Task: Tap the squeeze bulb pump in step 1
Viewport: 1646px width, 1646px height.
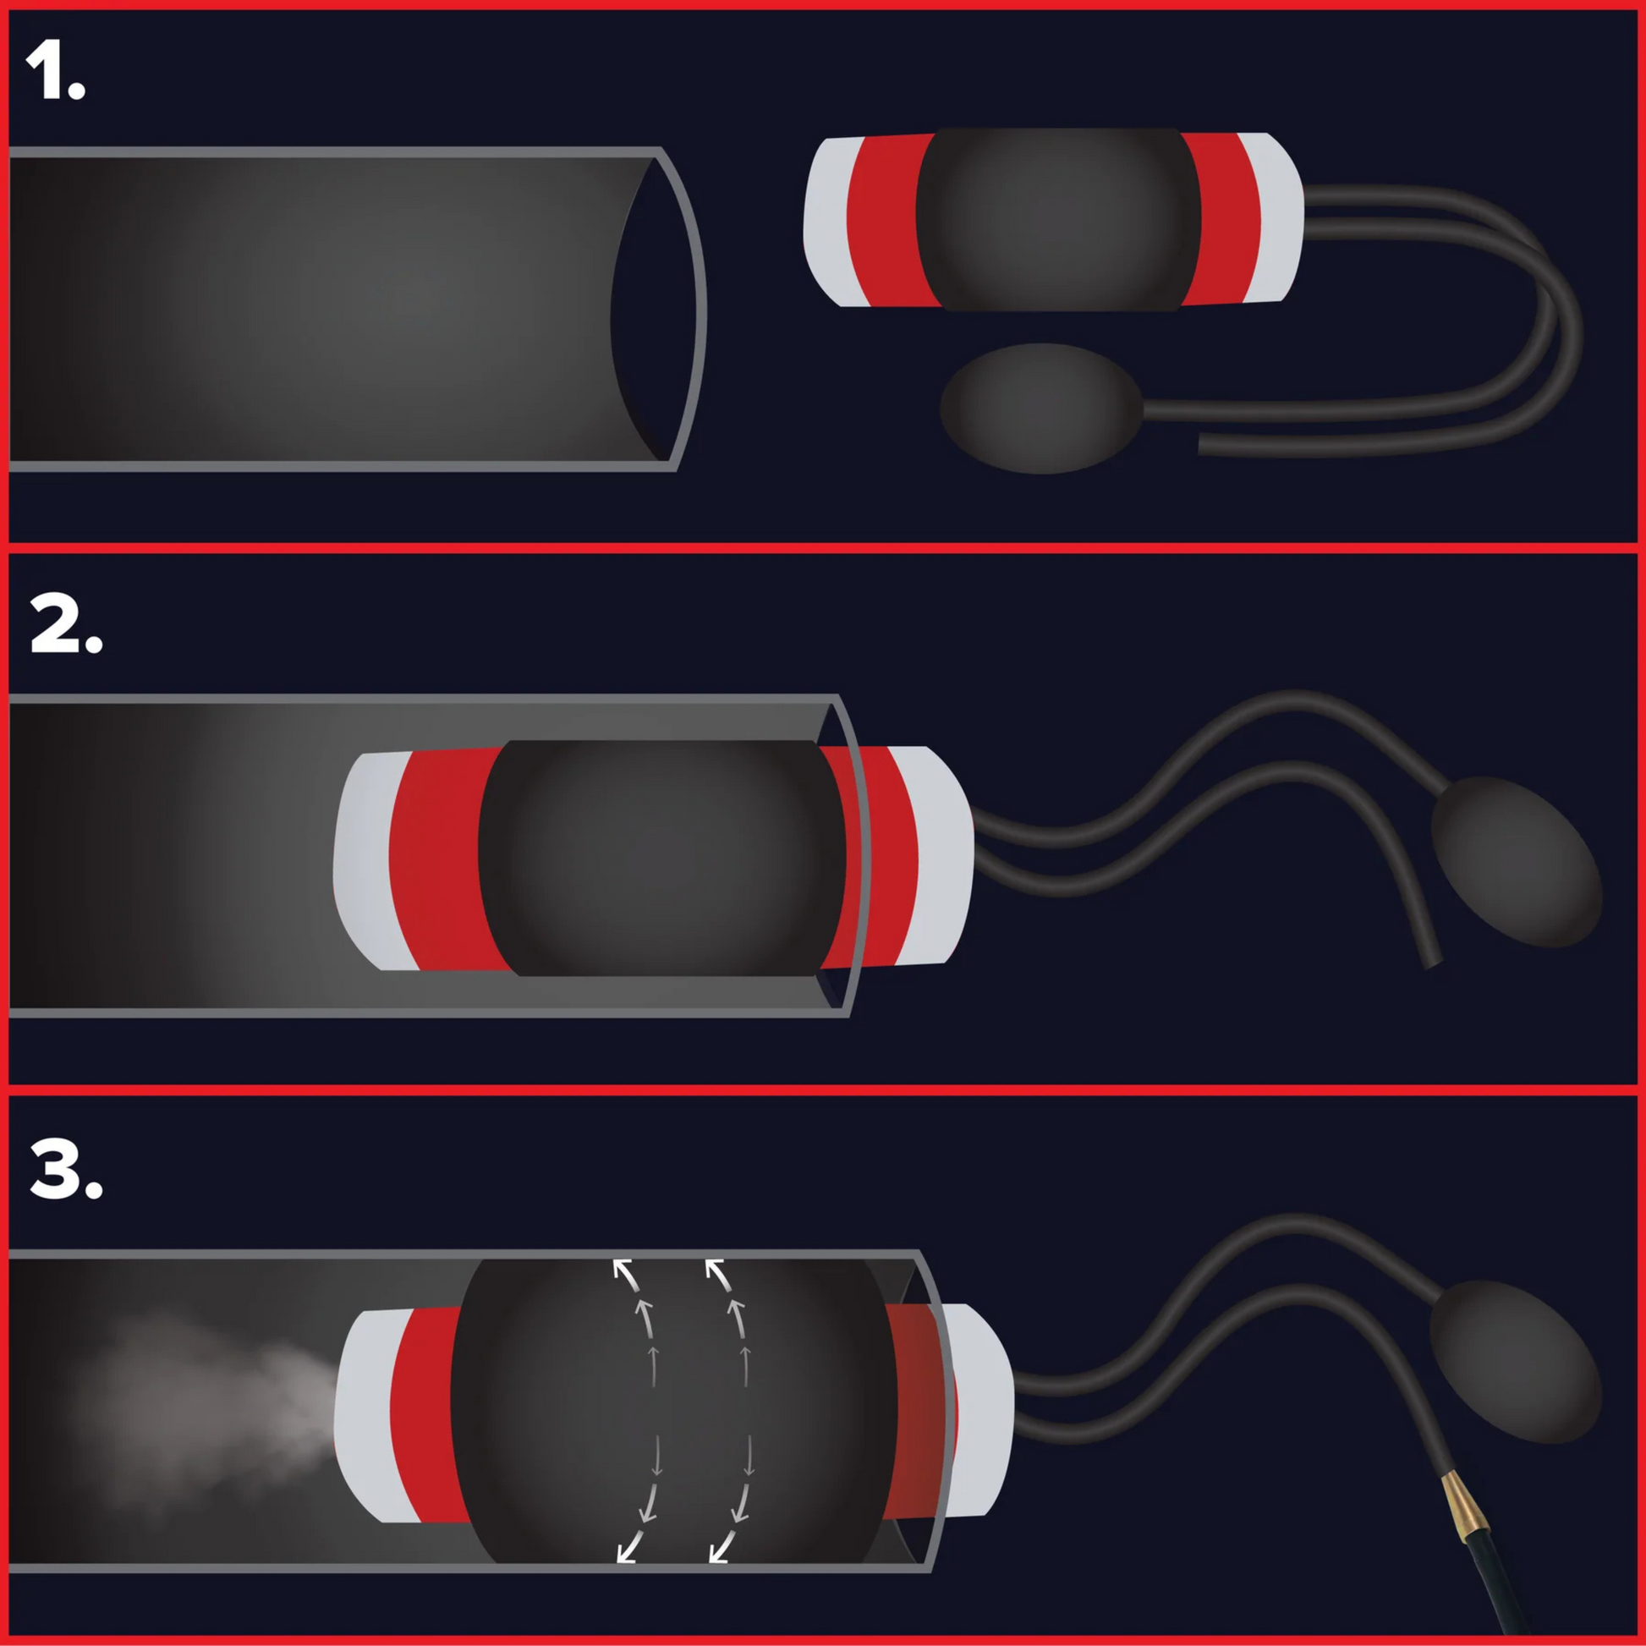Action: (1041, 408)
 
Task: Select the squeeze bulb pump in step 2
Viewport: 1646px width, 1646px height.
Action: (1517, 860)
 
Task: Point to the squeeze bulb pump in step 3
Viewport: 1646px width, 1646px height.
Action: (1514, 1362)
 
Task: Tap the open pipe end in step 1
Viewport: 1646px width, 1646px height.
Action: (658, 309)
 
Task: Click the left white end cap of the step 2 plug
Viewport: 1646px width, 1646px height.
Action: (368, 860)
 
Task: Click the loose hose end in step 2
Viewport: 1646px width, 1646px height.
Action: (1433, 964)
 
